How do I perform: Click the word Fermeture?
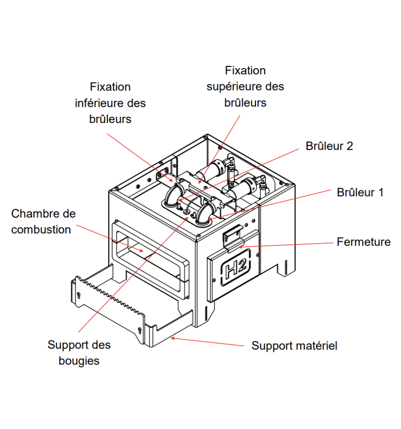pos(364,242)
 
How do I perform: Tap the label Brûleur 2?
pos(329,146)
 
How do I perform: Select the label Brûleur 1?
pos(360,192)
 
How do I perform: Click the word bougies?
pos(79,360)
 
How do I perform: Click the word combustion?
pos(41,230)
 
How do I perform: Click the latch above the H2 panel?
pos(232,236)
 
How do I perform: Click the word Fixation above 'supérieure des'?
pos(245,70)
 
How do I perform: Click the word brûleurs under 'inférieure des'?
pos(110,119)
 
